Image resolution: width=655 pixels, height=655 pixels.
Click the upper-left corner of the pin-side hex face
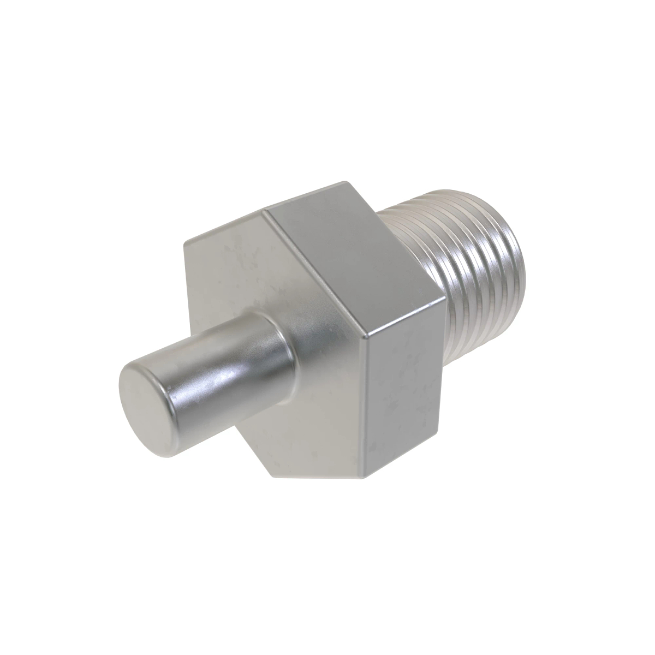coord(184,243)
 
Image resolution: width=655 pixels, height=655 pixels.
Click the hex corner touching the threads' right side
coord(442,297)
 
